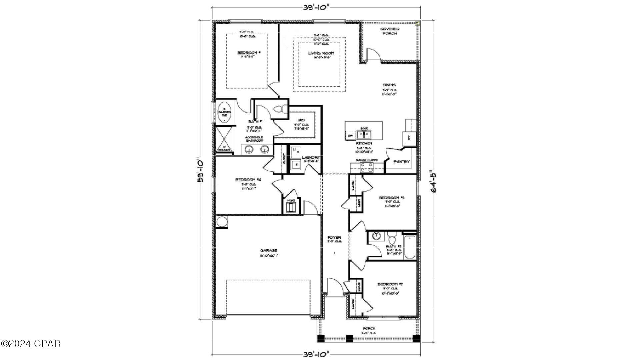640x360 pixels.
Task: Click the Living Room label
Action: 321,53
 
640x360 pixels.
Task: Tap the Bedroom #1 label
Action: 249,53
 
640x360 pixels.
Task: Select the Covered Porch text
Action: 390,31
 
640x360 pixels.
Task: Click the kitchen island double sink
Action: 364,135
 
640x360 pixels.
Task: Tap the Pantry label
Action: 401,162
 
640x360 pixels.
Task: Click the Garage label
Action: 269,250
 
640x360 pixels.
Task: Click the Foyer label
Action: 334,238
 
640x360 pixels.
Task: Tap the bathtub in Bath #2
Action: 410,247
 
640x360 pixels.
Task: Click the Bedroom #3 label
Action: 391,198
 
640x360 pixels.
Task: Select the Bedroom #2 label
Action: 390,284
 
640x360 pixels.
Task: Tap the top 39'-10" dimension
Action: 317,7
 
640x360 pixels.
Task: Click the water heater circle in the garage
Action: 221,221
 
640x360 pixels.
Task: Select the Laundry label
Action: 311,157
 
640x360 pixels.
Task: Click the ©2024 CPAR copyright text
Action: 31,343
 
